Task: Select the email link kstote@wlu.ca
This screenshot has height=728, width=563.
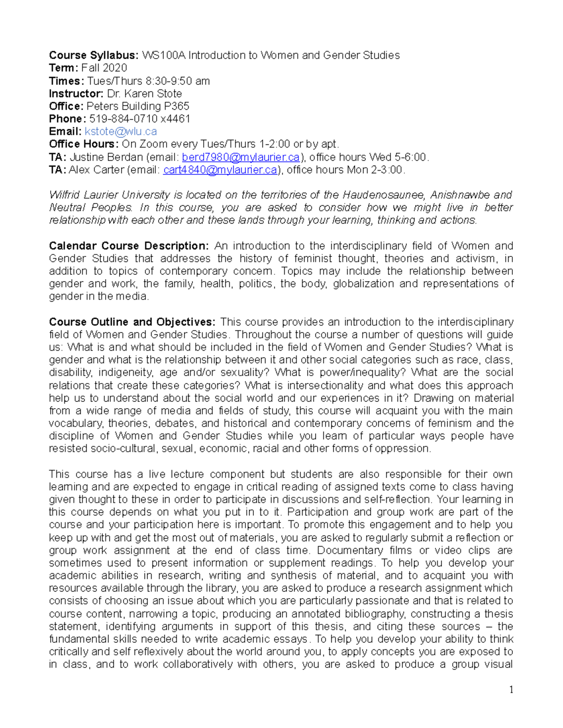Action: coord(121,132)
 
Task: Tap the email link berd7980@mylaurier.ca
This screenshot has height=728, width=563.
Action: coord(241,157)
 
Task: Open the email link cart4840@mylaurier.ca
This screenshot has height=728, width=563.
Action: coord(220,170)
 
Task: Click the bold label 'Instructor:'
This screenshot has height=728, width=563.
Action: coord(76,94)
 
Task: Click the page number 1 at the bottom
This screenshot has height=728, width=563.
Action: coord(511,690)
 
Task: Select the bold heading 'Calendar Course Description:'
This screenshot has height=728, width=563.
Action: coord(129,246)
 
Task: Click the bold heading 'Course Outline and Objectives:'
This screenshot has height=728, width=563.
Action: coord(132,322)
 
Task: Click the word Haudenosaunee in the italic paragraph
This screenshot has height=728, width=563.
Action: coord(384,195)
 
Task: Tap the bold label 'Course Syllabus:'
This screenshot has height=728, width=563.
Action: coord(94,55)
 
